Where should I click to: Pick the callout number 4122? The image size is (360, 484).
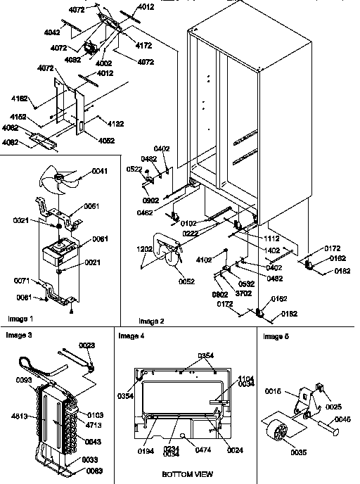pos(117,124)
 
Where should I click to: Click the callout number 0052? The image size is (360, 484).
pos(185,281)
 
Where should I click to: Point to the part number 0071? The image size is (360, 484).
pos(23,280)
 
